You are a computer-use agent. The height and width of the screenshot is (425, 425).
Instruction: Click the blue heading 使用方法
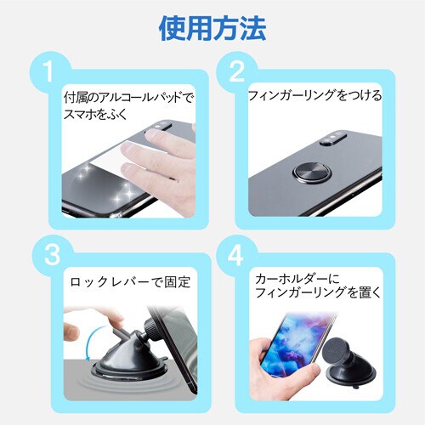pyautogui.click(x=212, y=28)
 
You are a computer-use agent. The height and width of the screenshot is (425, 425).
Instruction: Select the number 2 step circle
pyautogui.click(x=235, y=70)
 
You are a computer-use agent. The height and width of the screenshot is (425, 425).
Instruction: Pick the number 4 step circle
pyautogui.click(x=235, y=254)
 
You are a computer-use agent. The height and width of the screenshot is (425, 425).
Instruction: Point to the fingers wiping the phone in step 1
pyautogui.click(x=178, y=157)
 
